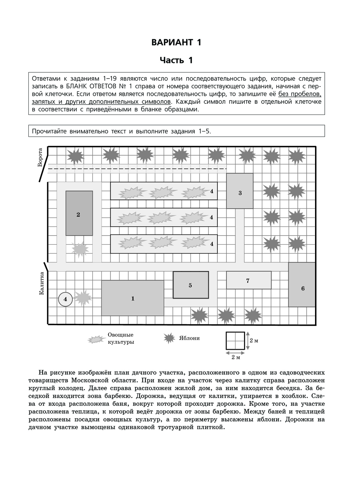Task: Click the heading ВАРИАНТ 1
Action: point(176,42)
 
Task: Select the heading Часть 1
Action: point(176,60)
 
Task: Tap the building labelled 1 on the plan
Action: point(132,298)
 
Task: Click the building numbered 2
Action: point(78,214)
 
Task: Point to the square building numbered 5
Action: point(190,285)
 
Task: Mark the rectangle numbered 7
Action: point(248,281)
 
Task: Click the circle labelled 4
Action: point(65,299)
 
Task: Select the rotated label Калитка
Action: point(41,284)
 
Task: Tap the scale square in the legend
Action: point(235,340)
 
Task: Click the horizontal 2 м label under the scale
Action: point(235,357)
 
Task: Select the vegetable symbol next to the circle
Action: point(83,298)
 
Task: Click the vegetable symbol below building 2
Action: point(80,249)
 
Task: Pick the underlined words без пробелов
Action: point(300,94)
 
